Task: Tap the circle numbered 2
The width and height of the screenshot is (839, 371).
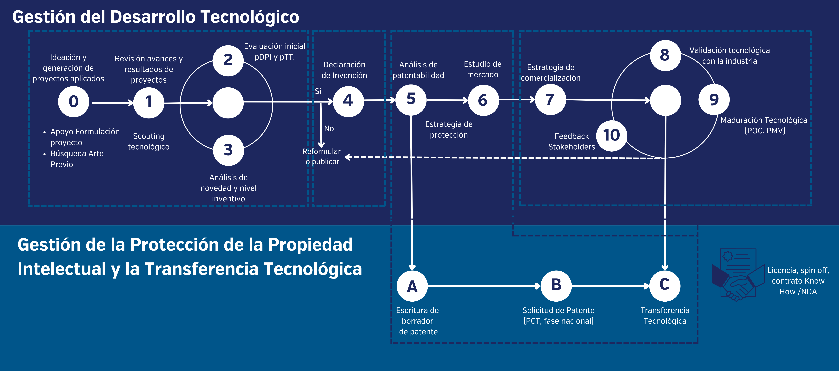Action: (228, 60)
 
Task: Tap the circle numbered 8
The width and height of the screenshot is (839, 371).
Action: (665, 55)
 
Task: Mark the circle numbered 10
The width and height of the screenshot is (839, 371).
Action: (611, 135)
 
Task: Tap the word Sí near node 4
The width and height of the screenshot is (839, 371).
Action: (318, 91)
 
